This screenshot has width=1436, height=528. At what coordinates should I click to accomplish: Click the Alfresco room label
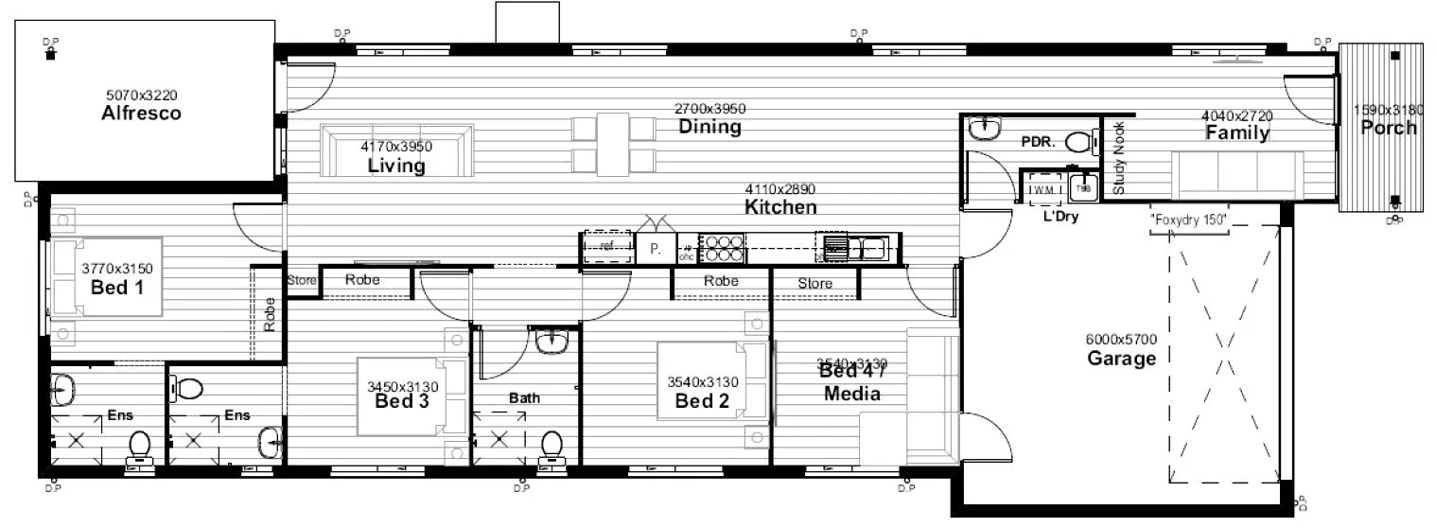pyautogui.click(x=141, y=114)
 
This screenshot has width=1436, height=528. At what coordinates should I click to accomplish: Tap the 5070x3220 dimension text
pyautogui.click(x=141, y=95)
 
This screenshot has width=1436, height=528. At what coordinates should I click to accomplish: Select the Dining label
pyautogui.click(x=709, y=127)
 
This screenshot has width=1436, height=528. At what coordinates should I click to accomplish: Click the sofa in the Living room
pyautogui.click(x=396, y=151)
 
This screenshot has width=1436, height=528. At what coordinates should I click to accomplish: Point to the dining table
pyautogui.click(x=613, y=142)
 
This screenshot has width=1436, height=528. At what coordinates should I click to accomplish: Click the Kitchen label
pyautogui.click(x=779, y=207)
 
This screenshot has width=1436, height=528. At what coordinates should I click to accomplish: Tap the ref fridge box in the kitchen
pyautogui.click(x=606, y=248)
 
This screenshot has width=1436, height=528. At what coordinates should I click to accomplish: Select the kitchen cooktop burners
pyautogui.click(x=724, y=248)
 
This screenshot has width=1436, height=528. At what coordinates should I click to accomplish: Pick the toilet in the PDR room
pyautogui.click(x=1079, y=143)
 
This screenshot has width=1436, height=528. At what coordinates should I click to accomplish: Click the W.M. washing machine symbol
pyautogui.click(x=1042, y=189)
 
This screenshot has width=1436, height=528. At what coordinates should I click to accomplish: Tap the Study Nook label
pyautogui.click(x=1119, y=159)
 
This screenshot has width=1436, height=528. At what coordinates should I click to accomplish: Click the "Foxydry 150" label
pyautogui.click(x=1188, y=220)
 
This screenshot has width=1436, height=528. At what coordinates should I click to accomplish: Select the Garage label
pyautogui.click(x=1121, y=359)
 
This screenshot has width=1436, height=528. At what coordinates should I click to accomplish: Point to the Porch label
pyautogui.click(x=1388, y=128)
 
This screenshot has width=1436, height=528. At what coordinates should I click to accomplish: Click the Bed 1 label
pyautogui.click(x=117, y=287)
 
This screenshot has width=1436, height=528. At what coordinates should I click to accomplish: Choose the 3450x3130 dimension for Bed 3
pyautogui.click(x=403, y=386)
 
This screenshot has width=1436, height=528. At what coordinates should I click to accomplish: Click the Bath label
pyautogui.click(x=524, y=397)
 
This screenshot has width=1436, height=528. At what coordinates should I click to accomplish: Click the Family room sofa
pyautogui.click(x=1238, y=175)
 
